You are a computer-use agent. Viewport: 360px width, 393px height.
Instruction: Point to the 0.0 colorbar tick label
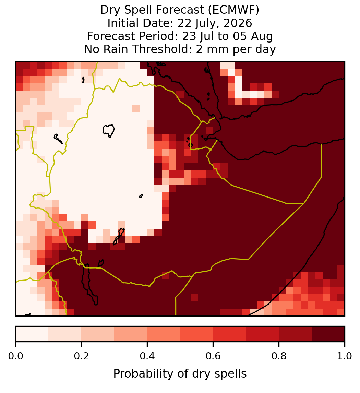pyautogui.click(x=15, y=356)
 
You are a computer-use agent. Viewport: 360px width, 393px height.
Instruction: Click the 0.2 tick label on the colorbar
pyautogui.click(x=81, y=356)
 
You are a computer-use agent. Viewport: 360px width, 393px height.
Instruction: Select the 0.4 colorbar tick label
pyautogui.click(x=147, y=356)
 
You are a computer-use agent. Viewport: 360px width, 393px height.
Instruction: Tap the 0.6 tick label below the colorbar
pyautogui.click(x=213, y=356)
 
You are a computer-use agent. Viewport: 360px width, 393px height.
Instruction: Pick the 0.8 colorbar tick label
pyautogui.click(x=279, y=356)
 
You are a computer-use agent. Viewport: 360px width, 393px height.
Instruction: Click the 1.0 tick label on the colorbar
pyautogui.click(x=345, y=356)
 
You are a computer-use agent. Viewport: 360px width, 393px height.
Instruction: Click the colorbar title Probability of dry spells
pyautogui.click(x=180, y=374)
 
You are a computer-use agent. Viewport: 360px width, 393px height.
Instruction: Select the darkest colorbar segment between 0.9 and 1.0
pyautogui.click(x=328, y=334)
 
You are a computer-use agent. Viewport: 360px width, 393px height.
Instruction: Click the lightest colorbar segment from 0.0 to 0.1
pyautogui.click(x=32, y=334)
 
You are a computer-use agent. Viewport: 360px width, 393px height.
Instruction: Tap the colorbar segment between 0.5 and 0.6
pyautogui.click(x=197, y=334)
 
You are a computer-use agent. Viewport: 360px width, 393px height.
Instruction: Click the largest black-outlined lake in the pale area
pyautogui.click(x=109, y=131)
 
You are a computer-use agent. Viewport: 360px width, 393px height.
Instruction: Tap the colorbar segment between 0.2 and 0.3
pyautogui.click(x=98, y=334)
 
